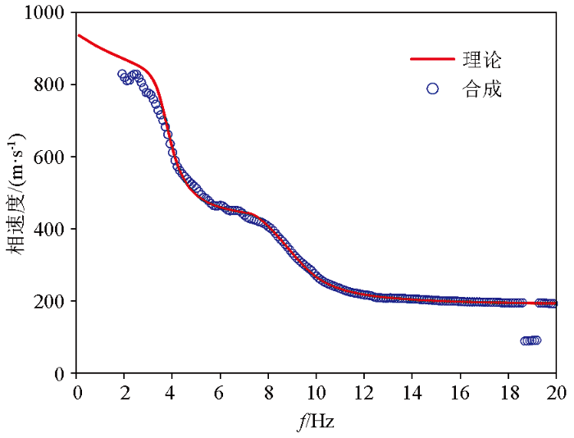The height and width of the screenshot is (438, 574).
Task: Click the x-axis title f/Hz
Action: click(316, 422)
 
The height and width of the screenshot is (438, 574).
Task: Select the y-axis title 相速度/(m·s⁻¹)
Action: click(18, 193)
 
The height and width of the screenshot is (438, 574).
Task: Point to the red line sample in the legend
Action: click(432, 60)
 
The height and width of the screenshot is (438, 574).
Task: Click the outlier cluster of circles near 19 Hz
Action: click(531, 340)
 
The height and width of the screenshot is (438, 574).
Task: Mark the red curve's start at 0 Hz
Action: click(79, 35)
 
